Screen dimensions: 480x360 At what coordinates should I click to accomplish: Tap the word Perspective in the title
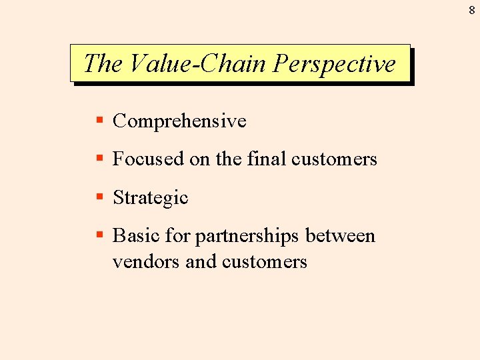point(335,64)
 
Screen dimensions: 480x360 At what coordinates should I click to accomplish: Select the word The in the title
point(103,64)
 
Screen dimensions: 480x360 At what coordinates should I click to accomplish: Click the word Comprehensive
point(179,121)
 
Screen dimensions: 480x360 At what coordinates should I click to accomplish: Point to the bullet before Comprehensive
point(99,121)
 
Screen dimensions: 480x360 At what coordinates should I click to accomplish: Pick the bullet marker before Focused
point(99,159)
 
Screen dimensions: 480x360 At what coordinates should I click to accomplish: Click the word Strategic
point(151,198)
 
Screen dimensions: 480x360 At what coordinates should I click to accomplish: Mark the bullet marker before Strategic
point(99,197)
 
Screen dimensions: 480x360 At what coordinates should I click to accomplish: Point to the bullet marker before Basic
point(99,235)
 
